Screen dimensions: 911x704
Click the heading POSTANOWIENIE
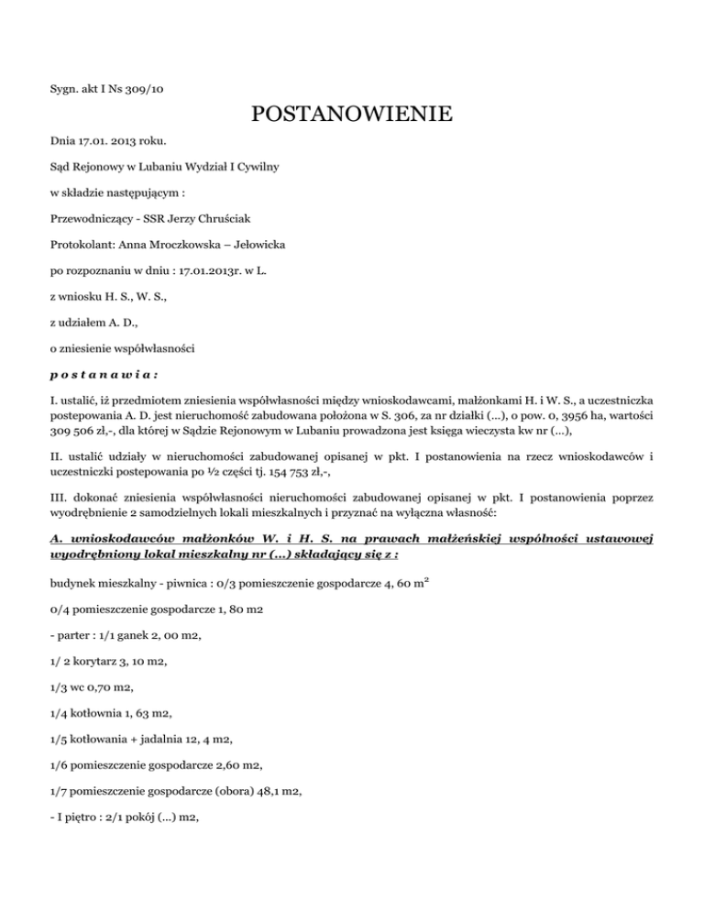click(351, 115)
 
